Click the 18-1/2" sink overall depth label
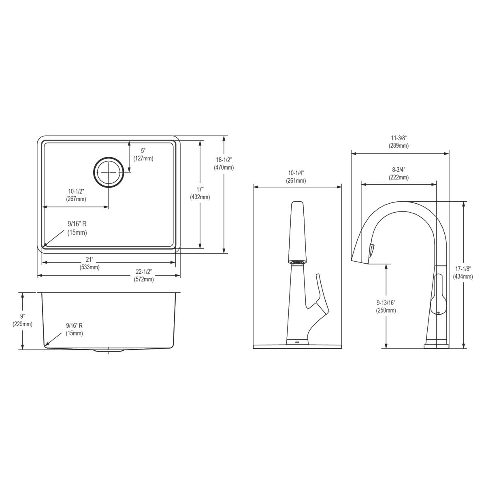click(224, 163)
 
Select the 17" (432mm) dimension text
click(200, 193)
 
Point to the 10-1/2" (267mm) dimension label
click(76, 195)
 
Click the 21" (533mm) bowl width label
click(90, 263)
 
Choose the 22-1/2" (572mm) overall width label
click(144, 275)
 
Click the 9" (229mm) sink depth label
click(22, 320)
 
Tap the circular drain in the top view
click(108, 172)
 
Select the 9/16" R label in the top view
click(77, 228)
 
